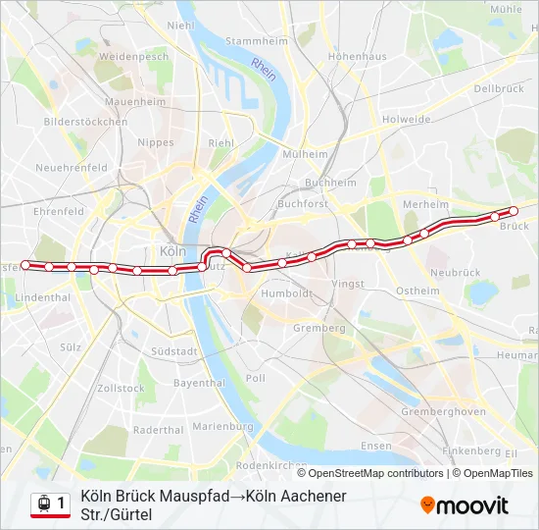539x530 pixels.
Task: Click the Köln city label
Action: point(171,249)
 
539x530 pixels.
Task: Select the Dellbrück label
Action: point(499,88)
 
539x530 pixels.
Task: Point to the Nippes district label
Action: point(156,142)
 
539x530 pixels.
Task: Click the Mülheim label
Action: point(305,154)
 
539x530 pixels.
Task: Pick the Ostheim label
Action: point(417,291)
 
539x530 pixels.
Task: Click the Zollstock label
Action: point(122,389)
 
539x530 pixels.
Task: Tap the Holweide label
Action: point(407,120)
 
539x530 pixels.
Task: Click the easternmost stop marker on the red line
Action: point(514,210)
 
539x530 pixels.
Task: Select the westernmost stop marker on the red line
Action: point(25,265)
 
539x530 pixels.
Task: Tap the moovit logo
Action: point(465,505)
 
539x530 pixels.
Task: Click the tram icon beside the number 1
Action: point(43,504)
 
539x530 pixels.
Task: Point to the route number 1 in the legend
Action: point(61,504)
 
